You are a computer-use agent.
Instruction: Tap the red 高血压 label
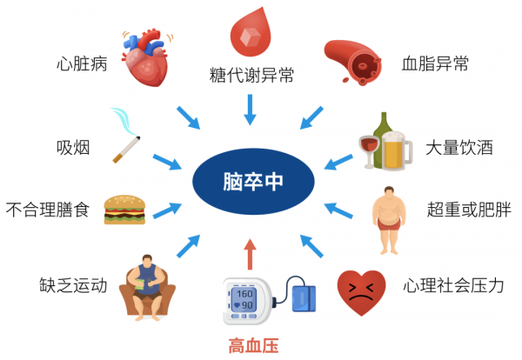click(252, 346)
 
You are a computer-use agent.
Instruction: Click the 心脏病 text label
click(81, 63)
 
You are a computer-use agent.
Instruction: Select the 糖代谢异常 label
click(251, 75)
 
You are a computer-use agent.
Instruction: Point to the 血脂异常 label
click(436, 63)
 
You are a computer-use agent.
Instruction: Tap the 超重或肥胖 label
click(460, 210)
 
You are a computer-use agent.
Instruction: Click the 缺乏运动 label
click(73, 284)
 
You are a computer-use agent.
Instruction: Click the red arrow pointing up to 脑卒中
click(251, 257)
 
